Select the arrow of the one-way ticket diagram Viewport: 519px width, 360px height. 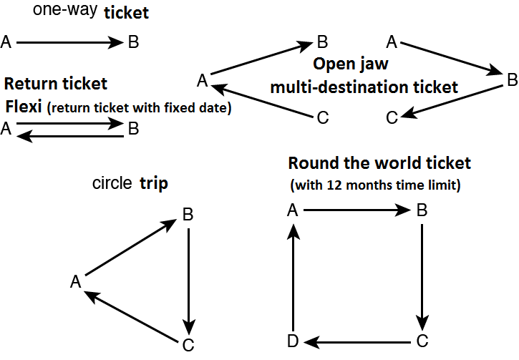(69, 43)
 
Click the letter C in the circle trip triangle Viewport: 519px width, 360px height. (188, 345)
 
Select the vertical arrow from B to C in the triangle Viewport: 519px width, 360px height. (188, 278)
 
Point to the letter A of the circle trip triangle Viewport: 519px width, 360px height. (74, 282)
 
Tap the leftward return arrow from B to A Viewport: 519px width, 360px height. (69, 135)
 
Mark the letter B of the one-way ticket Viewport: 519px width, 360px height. (133, 43)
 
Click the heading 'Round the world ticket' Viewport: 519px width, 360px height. (379, 163)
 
